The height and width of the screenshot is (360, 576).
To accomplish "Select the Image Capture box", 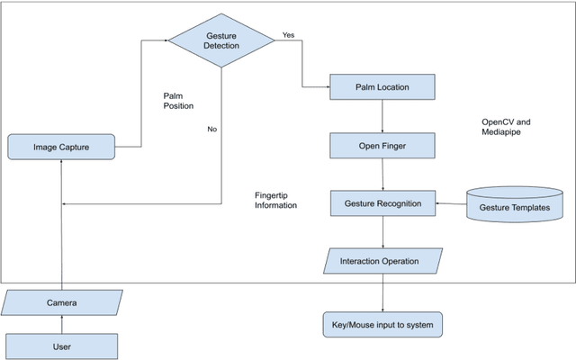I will click(61, 146).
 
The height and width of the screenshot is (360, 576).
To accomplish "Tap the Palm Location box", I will click(382, 87).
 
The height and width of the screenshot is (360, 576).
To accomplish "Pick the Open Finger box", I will click(382, 145).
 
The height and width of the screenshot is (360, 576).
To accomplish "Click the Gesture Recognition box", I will click(382, 203).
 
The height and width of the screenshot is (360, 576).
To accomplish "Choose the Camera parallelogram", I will click(62, 303).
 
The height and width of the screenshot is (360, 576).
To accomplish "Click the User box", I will click(61, 346).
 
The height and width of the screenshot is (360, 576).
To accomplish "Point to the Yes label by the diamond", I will click(288, 35).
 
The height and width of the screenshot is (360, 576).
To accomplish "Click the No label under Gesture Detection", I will click(212, 129).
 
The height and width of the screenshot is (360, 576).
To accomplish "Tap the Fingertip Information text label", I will click(275, 200).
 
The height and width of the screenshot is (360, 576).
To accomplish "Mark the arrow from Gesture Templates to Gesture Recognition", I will click(450, 204).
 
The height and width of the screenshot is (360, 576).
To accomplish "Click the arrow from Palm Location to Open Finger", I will click(383, 116).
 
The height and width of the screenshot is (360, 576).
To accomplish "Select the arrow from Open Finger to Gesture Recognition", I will click(383, 174).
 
